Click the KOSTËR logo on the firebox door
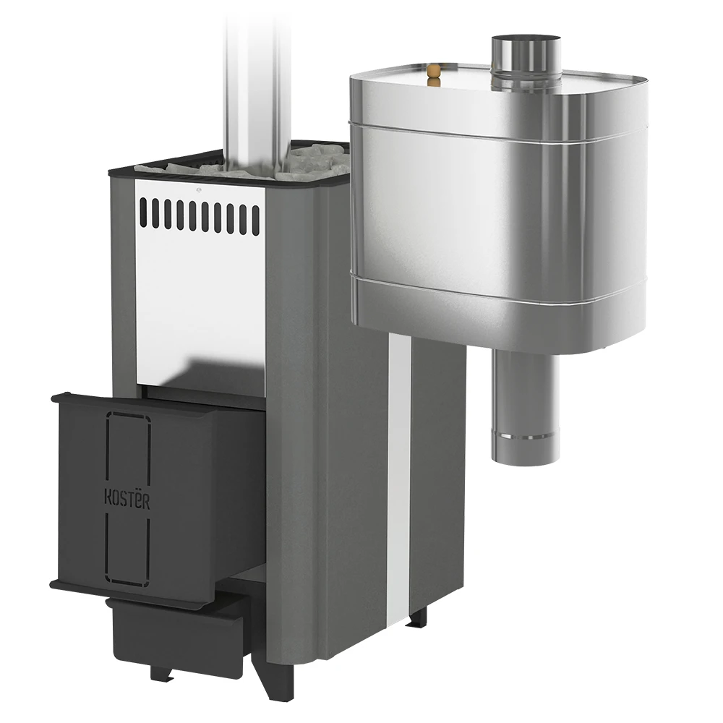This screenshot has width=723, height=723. [x=127, y=499]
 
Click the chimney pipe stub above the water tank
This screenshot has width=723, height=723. [x=526, y=60]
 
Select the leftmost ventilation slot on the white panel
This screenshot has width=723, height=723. [x=143, y=212]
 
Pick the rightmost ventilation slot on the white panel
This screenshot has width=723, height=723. [x=256, y=220]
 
